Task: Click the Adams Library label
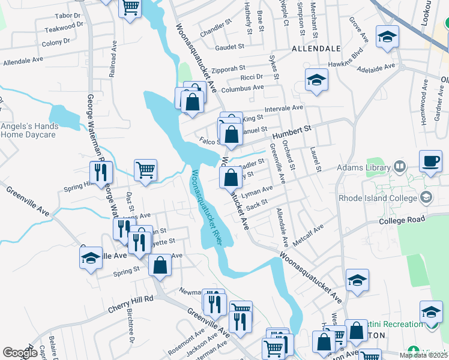[x=364, y=167]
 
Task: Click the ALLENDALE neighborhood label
[x=316, y=48]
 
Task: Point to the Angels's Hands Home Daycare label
[x=29, y=130]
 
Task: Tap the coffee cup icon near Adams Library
[x=430, y=161]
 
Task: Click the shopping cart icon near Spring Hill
[x=146, y=170]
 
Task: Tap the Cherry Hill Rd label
[x=131, y=303]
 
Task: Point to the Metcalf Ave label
[x=308, y=235]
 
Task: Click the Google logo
[x=20, y=353]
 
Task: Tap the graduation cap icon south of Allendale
[x=316, y=80]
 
